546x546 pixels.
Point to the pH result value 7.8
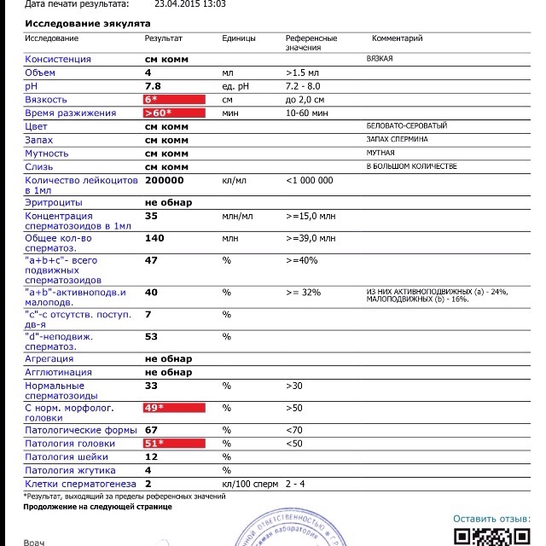154,86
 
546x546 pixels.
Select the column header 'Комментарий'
397,38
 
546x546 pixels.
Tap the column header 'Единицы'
239,38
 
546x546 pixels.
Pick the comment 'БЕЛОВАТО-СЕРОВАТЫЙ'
405,126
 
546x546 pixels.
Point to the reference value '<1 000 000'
310,180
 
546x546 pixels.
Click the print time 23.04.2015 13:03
190,4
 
